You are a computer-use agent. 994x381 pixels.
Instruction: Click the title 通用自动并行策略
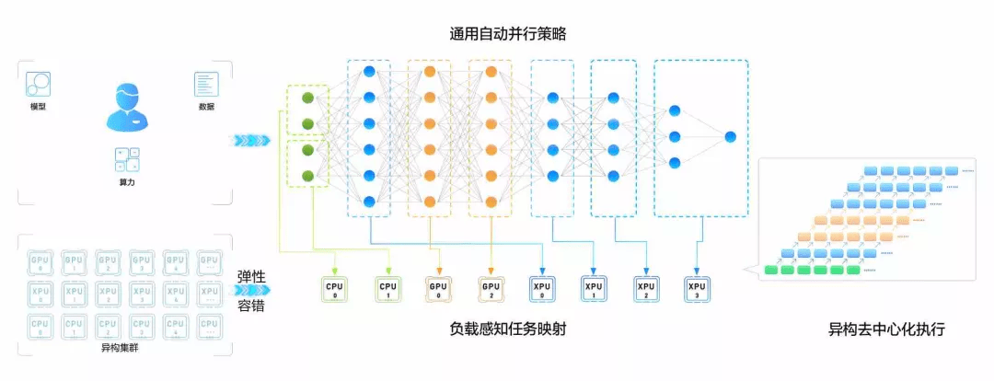[506, 33]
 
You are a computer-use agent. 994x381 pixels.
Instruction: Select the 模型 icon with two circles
[38, 85]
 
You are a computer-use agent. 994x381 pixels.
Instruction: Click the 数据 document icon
[206, 85]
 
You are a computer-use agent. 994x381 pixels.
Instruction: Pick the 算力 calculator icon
[127, 159]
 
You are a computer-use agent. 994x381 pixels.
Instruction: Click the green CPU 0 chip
[334, 289]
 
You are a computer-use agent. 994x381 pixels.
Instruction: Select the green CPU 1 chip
[387, 289]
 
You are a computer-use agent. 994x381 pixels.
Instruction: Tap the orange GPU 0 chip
[438, 289]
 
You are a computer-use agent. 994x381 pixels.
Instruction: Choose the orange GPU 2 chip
[490, 289]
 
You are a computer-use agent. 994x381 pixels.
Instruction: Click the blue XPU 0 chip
[541, 289]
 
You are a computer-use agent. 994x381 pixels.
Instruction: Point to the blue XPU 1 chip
[593, 289]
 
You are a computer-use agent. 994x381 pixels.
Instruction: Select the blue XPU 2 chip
[645, 289]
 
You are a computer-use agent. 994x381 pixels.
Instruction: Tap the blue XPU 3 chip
[697, 289]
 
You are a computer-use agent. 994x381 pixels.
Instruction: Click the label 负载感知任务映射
[507, 329]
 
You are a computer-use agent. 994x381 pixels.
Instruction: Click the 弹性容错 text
[251, 292]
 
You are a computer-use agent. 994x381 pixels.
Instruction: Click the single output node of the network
[730, 137]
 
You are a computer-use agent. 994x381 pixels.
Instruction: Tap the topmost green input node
[308, 98]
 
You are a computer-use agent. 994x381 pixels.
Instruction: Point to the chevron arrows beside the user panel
[249, 140]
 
